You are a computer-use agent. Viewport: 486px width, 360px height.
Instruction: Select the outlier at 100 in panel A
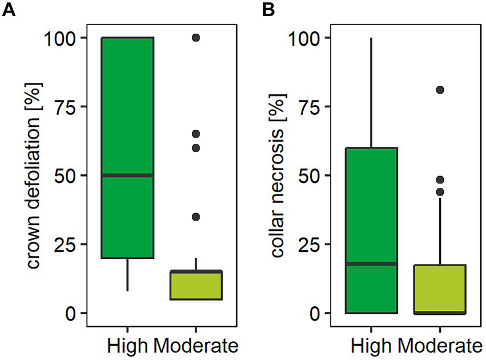(x=196, y=38)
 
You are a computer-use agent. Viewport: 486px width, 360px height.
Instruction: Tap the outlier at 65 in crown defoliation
(x=196, y=134)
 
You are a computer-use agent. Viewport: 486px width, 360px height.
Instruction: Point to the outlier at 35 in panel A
(x=196, y=217)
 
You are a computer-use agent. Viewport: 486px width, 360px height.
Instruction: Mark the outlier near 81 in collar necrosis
(x=440, y=90)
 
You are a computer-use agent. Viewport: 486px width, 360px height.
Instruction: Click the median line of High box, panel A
(x=127, y=175)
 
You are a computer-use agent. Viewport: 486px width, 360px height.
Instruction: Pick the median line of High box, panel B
(x=371, y=263)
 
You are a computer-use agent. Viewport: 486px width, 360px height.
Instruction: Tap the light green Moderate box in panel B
(x=440, y=289)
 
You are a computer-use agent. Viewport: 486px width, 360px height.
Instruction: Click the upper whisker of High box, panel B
(x=371, y=91)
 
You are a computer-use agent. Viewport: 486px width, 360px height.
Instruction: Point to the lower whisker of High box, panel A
(x=127, y=274)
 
